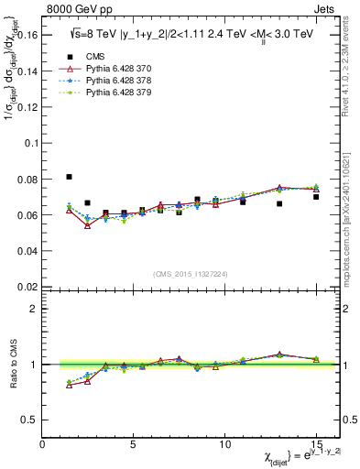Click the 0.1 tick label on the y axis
(29, 144)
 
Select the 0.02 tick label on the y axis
(26, 287)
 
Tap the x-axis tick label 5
(134, 444)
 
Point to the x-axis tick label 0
(42, 444)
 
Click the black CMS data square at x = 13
(279, 203)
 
